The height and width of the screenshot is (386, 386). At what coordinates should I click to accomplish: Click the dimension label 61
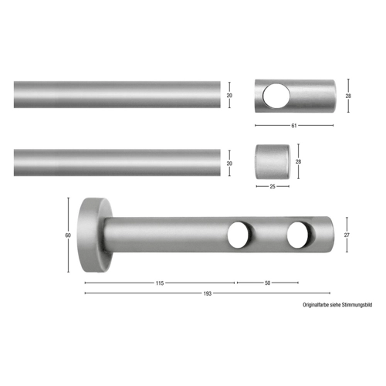(x=294, y=126)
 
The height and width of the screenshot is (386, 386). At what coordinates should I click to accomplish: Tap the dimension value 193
(x=208, y=293)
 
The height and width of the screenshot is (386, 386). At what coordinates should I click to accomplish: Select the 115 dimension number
(x=160, y=283)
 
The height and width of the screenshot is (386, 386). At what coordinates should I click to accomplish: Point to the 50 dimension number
(x=267, y=283)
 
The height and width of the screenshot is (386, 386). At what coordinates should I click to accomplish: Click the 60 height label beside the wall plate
(x=68, y=235)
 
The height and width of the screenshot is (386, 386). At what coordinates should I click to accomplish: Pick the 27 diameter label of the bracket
(x=347, y=235)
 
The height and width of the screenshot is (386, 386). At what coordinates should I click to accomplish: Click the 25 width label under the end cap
(x=273, y=187)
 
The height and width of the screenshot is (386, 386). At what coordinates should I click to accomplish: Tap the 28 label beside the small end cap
(x=298, y=161)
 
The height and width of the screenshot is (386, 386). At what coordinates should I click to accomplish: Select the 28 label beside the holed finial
(x=348, y=96)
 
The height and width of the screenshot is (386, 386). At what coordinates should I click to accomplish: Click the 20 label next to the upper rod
(x=229, y=95)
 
